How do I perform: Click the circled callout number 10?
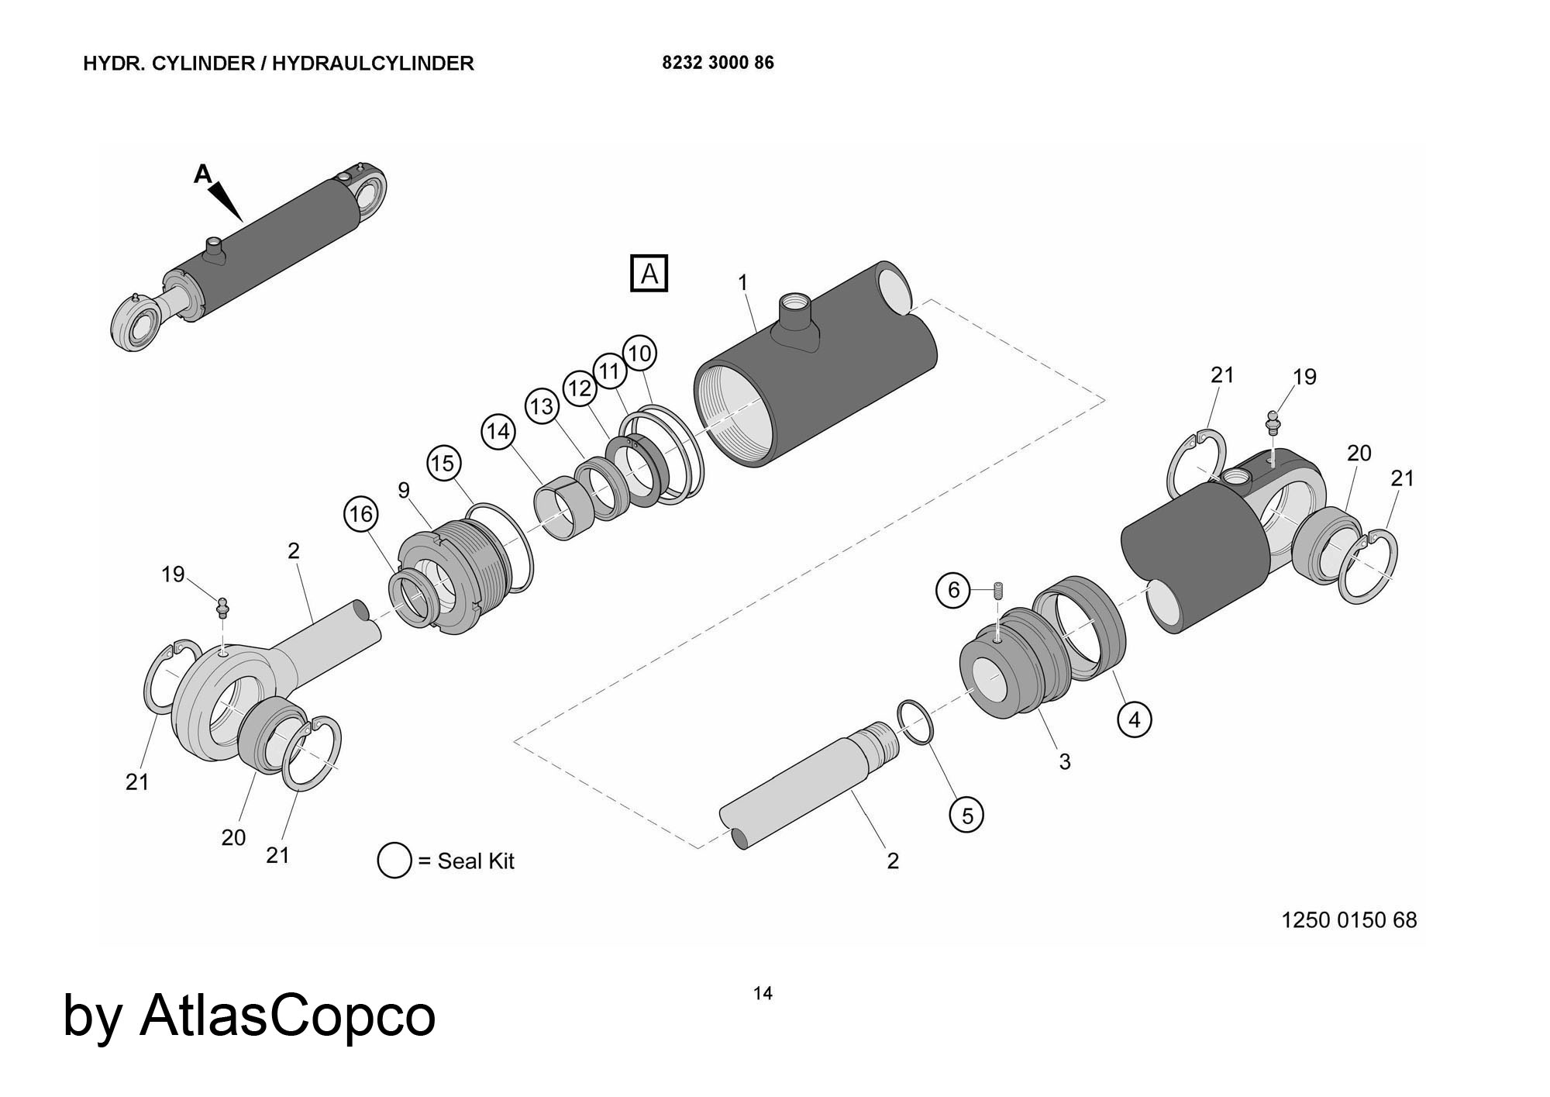pos(639,354)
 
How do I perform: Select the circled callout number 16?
pos(361,514)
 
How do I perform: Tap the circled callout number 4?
pos(1135,720)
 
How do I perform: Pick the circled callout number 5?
pos(967,816)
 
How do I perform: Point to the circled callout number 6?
pos(954,590)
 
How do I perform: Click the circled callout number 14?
pos(498,431)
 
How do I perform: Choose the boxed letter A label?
pos(649,274)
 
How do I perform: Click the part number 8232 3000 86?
pos(718,63)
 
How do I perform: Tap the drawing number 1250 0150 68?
pos(1349,920)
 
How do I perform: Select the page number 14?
pos(763,993)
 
